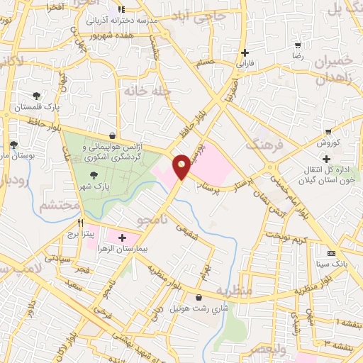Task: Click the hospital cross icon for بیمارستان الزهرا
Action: click(123, 238)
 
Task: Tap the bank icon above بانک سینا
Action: click(331, 253)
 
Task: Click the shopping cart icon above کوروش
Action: click(328, 131)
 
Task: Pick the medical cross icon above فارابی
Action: click(245, 52)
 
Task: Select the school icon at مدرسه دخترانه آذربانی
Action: click(121, 10)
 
